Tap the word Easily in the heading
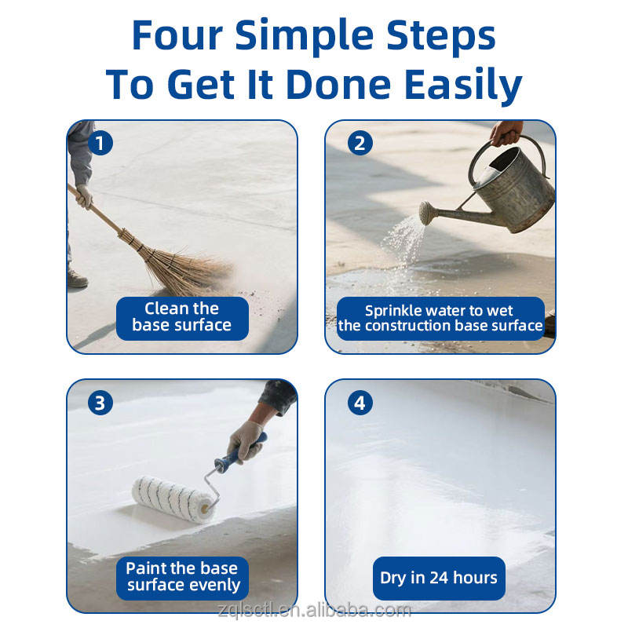463,86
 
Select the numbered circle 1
100,144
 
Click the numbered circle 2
360,144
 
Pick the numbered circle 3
100,403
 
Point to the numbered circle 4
360,403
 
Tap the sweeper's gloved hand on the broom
85,196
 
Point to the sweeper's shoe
76,279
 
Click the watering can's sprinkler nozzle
427,213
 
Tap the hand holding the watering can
507,133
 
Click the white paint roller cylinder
173,499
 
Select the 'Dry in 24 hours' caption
439,578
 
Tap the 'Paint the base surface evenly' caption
183,577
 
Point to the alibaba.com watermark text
315,611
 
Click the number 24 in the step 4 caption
439,578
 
